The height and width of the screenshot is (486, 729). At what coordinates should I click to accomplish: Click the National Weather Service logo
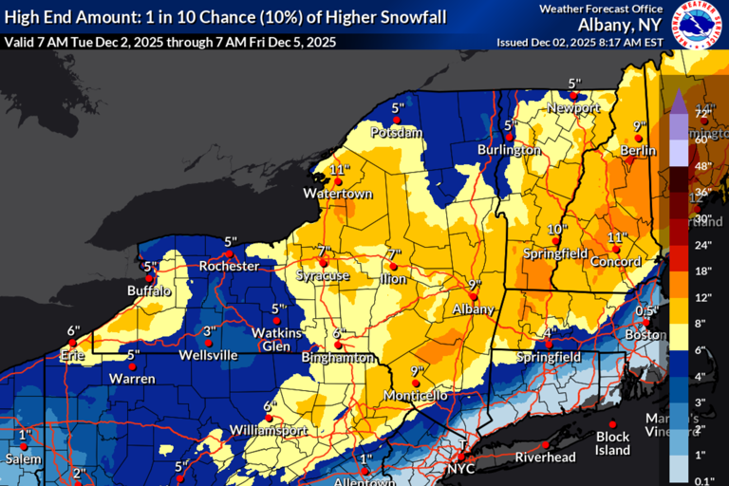coord(698,26)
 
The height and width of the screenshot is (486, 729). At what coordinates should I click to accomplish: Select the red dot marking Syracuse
coord(324,263)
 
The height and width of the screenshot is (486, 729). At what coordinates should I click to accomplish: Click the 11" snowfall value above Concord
coord(617,237)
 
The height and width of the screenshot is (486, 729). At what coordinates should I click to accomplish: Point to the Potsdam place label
coord(397,133)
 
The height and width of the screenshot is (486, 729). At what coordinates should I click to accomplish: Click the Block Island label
coord(612,443)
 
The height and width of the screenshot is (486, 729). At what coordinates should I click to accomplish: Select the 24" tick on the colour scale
coord(703,245)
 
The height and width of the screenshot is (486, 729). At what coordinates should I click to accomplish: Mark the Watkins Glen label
coord(277,339)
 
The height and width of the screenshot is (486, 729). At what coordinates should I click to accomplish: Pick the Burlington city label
coord(509,150)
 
